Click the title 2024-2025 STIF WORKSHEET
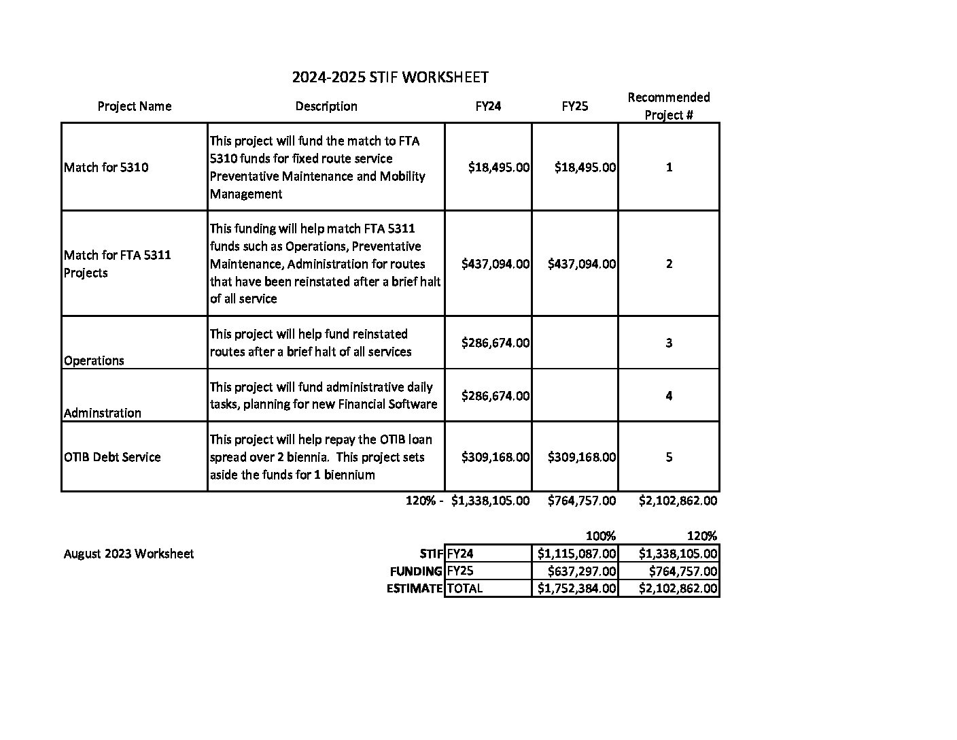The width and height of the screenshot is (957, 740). [x=390, y=78]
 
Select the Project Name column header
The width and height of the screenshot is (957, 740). [x=135, y=106]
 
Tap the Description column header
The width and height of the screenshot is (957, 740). [x=326, y=106]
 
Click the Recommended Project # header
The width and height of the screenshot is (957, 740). [x=669, y=106]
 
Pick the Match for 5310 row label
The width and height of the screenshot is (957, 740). [x=106, y=167]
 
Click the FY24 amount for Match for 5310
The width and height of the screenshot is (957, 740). [x=498, y=167]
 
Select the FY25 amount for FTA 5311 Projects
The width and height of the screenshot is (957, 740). [x=582, y=264]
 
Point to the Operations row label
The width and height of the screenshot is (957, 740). [x=94, y=360]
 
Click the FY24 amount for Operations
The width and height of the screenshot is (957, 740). [x=495, y=343]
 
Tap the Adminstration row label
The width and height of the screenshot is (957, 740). [x=103, y=413]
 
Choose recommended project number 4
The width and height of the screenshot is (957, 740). [x=669, y=396]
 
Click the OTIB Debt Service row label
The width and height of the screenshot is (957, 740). [x=112, y=457]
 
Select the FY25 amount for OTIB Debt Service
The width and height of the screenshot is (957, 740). [x=582, y=457]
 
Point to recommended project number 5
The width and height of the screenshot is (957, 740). [x=669, y=457]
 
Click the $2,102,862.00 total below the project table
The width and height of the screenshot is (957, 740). [x=678, y=501]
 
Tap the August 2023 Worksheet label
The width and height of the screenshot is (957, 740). [x=128, y=554]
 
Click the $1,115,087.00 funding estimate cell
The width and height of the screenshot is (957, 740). [x=576, y=554]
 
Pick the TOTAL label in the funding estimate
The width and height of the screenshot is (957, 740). [x=465, y=588]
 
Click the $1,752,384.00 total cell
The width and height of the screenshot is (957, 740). [x=576, y=588]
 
